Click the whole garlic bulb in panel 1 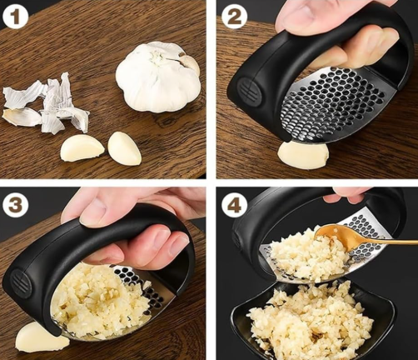point(158,76)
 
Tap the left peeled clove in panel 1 point(82,147)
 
